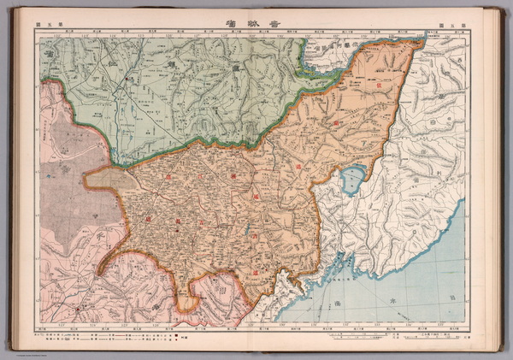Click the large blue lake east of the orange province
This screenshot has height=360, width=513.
(351, 180)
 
